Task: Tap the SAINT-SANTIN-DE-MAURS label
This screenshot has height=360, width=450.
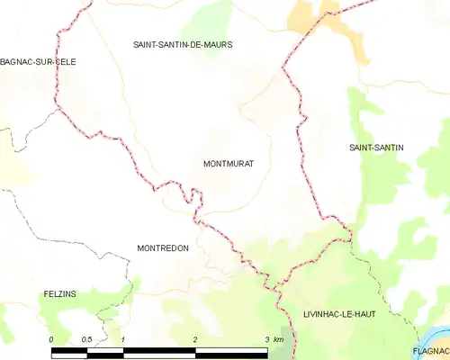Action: (183, 44)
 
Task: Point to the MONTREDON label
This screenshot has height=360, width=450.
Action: (162, 247)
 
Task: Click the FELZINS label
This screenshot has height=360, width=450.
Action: (60, 294)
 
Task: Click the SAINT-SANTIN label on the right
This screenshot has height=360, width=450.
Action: (376, 147)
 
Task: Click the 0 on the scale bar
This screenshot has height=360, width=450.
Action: (51, 339)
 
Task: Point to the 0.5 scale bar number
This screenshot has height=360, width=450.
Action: (86, 339)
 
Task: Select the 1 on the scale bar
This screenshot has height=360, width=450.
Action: (122, 339)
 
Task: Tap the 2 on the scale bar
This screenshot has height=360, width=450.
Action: (194, 339)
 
